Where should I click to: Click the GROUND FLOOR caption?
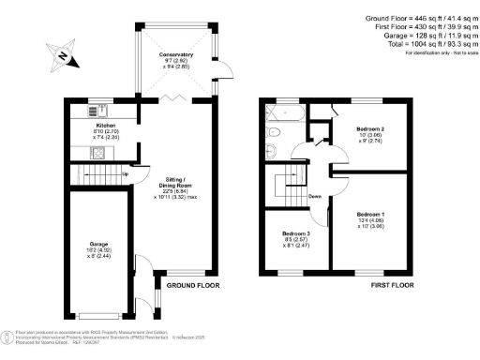tap(193, 285)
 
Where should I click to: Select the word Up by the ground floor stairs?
tap(126, 174)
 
